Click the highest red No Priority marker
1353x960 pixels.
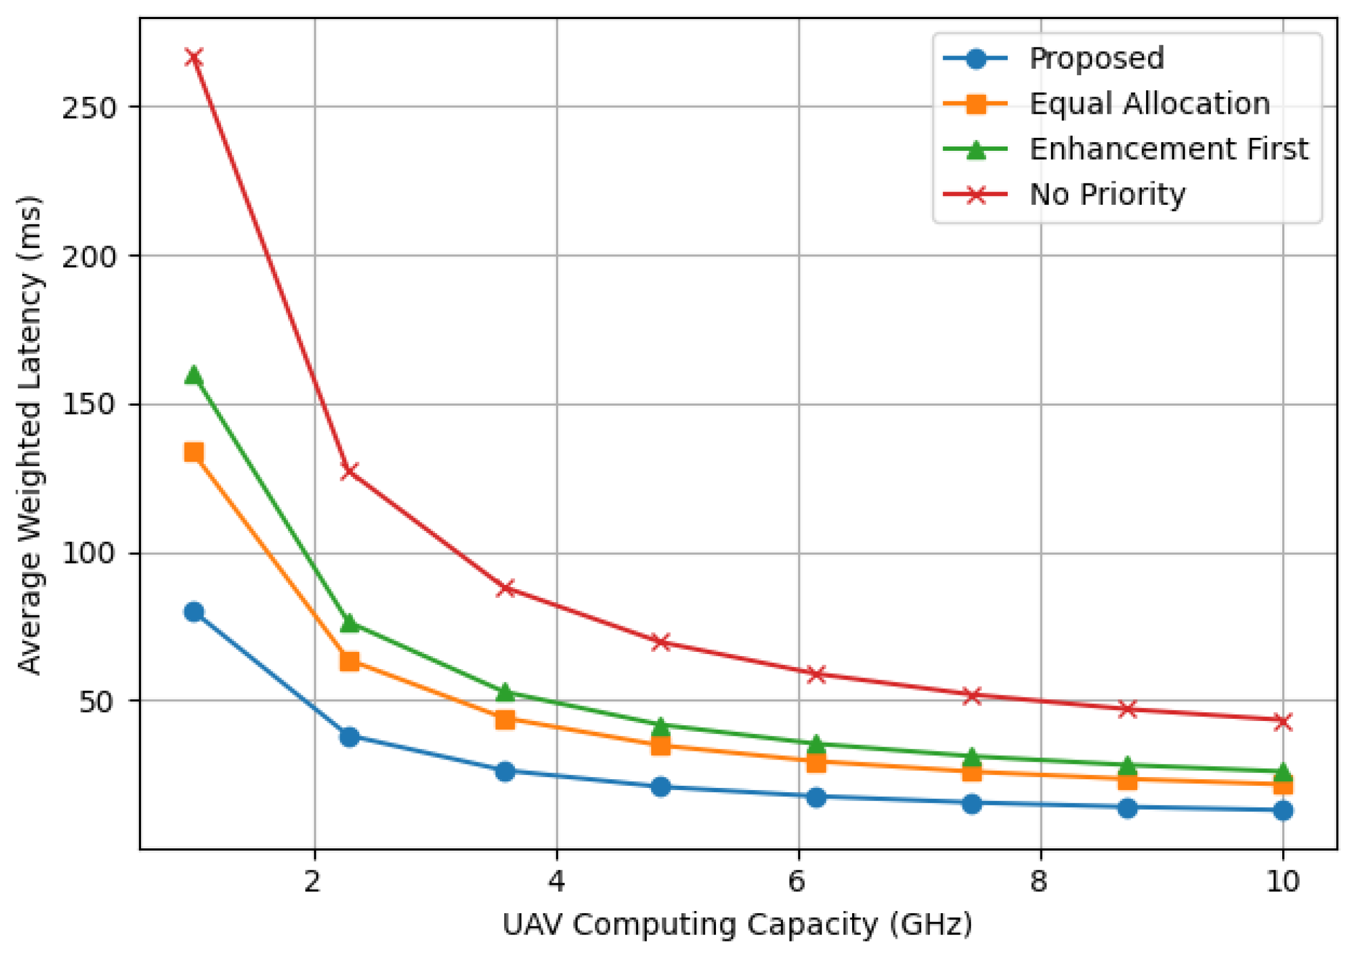click(x=194, y=58)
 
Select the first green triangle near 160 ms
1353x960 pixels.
click(x=194, y=375)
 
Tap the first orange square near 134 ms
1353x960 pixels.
click(x=194, y=453)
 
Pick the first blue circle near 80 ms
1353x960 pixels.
click(x=194, y=612)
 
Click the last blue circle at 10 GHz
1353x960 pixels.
click(x=1282, y=810)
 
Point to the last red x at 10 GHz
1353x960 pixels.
click(x=1282, y=721)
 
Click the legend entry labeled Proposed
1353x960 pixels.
click(x=1097, y=58)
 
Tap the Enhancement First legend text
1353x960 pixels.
click(x=1168, y=149)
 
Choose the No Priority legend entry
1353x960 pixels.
click(x=1107, y=194)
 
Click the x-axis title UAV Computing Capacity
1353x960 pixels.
click(x=737, y=926)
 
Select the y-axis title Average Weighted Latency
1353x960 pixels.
click(x=29, y=435)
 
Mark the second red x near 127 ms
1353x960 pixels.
click(x=350, y=471)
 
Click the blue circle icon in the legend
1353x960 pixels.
click(x=976, y=58)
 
